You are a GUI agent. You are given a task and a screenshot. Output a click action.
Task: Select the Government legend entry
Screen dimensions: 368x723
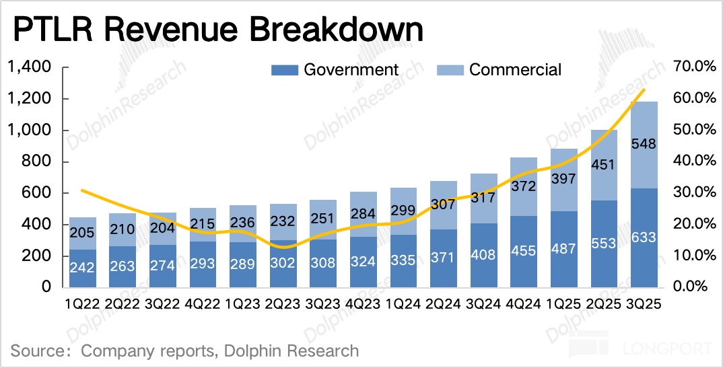point(335,69)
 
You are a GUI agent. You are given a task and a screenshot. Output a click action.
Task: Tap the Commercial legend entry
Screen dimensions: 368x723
point(499,69)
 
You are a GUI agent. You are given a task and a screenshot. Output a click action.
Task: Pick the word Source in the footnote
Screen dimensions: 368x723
point(34,351)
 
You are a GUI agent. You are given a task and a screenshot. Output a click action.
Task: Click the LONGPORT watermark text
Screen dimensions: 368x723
point(670,350)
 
